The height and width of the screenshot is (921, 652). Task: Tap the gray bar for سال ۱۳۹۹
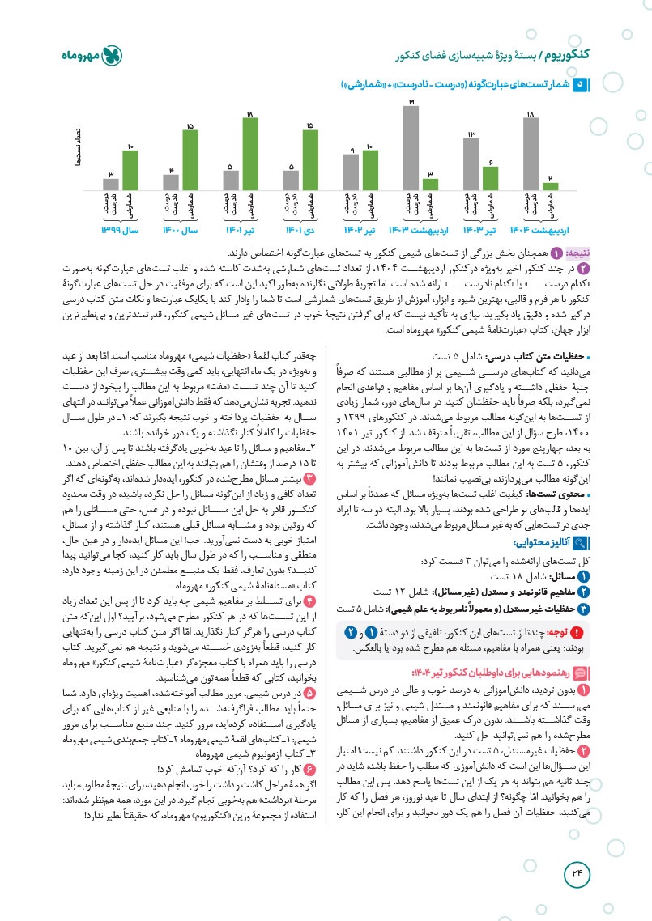coord(111,184)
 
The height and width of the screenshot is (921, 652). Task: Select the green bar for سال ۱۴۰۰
coord(190,160)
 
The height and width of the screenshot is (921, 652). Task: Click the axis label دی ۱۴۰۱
coord(300,231)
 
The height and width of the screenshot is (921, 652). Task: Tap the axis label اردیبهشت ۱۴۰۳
coord(420,231)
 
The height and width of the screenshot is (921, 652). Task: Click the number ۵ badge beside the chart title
coord(578,83)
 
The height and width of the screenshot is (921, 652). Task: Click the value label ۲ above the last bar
coord(550,176)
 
